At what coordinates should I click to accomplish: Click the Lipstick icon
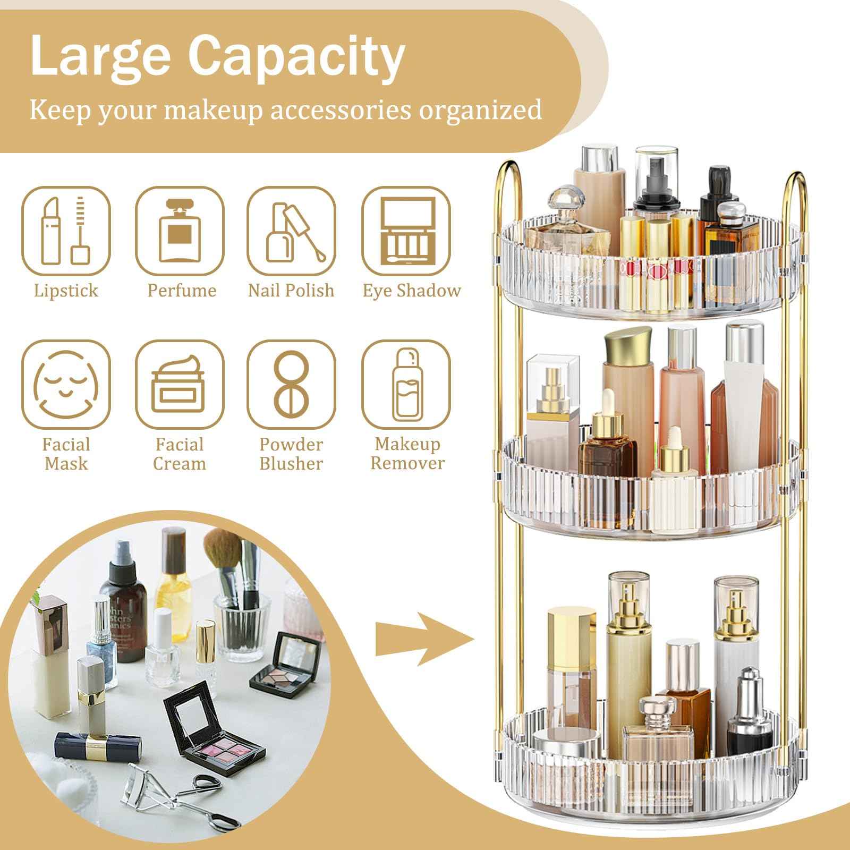click(66, 231)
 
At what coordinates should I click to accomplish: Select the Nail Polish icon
click(291, 231)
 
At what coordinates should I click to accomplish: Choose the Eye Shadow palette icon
click(406, 231)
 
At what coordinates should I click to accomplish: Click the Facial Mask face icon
click(66, 384)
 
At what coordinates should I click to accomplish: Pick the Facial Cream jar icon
click(179, 384)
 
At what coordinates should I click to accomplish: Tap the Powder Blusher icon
click(291, 384)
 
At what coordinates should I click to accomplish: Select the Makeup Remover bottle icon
click(406, 384)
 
